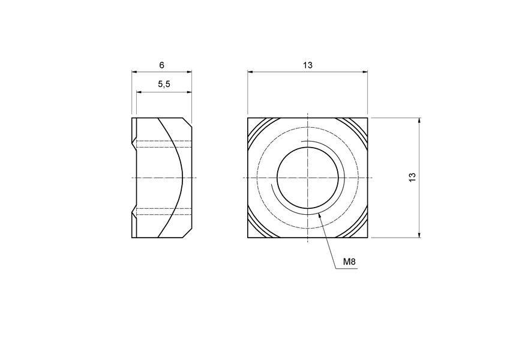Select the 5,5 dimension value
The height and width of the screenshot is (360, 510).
(x=164, y=85)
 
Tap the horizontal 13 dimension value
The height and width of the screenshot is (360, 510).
(x=308, y=65)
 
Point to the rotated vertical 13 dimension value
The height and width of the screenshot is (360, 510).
(x=412, y=178)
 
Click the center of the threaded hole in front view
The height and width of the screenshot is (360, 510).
(x=307, y=178)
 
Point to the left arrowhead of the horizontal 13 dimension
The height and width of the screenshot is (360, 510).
(x=250, y=72)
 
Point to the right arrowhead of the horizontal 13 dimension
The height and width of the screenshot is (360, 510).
(x=365, y=72)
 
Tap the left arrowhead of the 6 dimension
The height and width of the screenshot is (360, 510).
(x=134, y=72)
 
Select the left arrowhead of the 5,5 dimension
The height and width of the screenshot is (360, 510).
(x=139, y=92)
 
